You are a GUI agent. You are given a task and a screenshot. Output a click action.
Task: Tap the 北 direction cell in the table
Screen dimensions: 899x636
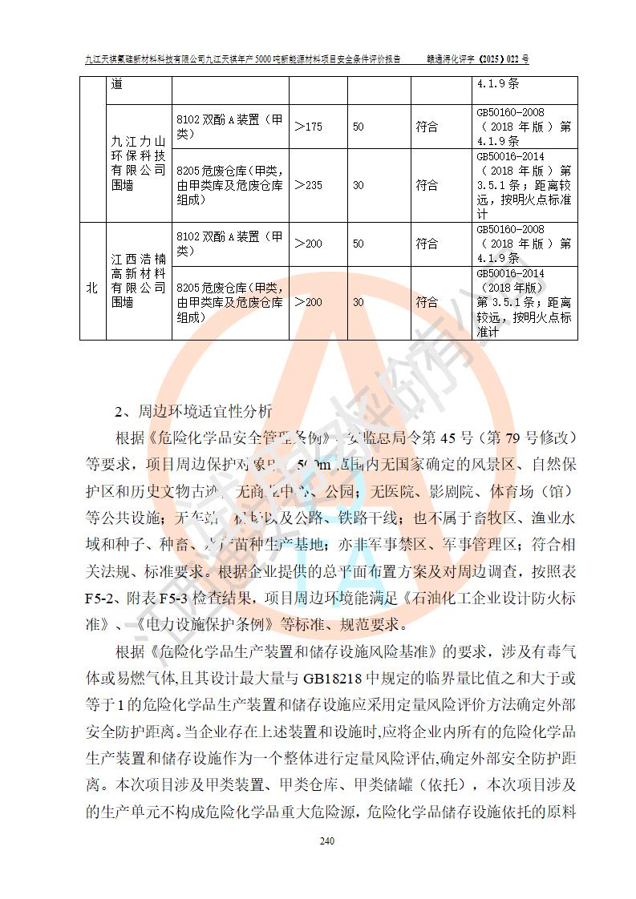click(x=92, y=288)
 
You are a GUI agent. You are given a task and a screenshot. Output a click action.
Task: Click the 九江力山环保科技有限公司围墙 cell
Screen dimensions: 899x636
click(x=139, y=163)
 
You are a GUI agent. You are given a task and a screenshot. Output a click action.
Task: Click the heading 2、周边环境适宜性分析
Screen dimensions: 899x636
click(x=193, y=413)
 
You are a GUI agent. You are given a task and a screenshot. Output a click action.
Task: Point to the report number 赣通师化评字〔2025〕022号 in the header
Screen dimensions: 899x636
click(x=480, y=59)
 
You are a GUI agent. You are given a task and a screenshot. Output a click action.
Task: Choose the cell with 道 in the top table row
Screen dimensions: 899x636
click(x=118, y=84)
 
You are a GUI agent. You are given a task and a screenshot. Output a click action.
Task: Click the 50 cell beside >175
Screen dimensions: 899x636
click(x=359, y=127)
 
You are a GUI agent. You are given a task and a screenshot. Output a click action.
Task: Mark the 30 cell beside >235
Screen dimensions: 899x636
click(x=359, y=185)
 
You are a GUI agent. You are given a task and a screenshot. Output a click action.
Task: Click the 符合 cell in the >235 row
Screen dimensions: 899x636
click(x=427, y=185)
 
